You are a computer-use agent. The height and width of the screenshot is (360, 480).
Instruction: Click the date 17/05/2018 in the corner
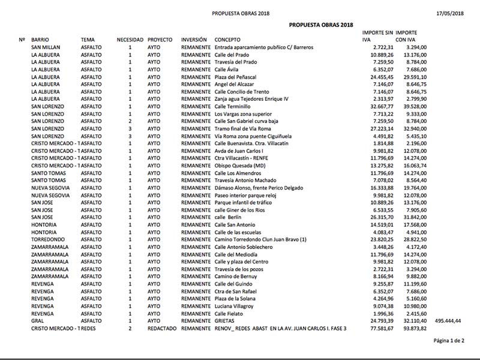pos(449,13)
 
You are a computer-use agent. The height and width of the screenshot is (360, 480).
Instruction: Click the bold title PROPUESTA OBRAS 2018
pos(320,25)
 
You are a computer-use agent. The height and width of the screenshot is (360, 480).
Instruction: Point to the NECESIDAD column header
pos(130,40)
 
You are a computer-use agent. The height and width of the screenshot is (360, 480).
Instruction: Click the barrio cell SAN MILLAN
pos(45,47)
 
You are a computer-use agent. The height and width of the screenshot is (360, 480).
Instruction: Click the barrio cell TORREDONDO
pos(48,239)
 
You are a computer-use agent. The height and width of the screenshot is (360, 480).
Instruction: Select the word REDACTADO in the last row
pos(162,328)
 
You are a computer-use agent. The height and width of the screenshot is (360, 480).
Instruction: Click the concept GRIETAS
pos(227,321)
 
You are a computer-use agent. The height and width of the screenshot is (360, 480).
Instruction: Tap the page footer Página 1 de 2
pos(449,341)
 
